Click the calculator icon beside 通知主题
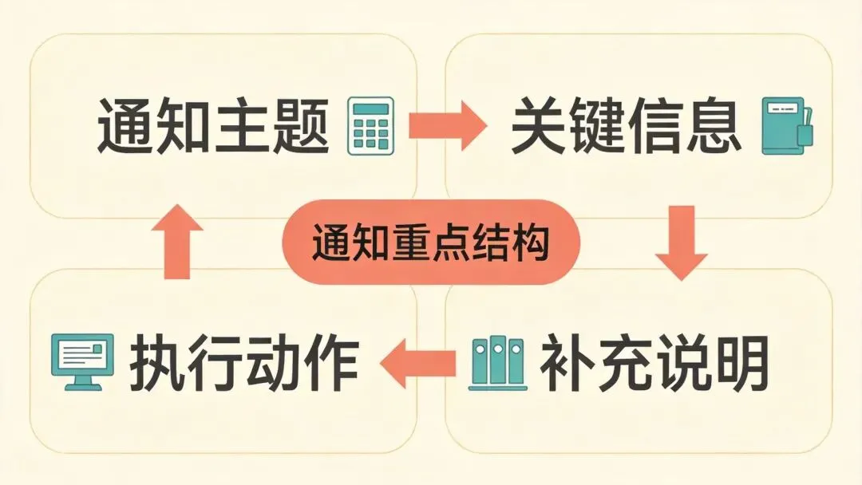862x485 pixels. click(x=372, y=127)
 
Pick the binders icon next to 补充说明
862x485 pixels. click(x=497, y=364)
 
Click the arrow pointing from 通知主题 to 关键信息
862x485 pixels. click(x=446, y=125)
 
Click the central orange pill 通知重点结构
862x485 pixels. click(x=432, y=242)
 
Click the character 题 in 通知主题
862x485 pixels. click(x=300, y=126)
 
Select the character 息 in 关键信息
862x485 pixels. click(x=714, y=126)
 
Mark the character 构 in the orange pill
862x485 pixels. click(x=531, y=242)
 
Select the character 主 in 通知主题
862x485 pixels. click(x=242, y=126)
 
